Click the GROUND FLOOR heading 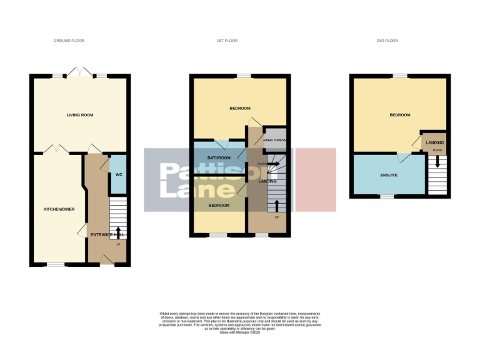tap(69, 41)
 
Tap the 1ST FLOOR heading tap(227, 41)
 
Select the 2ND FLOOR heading tap(387, 41)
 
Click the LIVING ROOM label tap(80, 115)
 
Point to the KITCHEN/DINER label tap(59, 209)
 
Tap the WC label tap(118, 174)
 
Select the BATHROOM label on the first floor tap(219, 157)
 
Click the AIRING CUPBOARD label tap(274, 140)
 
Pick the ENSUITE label tap(389, 175)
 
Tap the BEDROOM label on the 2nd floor tap(399, 115)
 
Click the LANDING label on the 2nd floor tap(435, 143)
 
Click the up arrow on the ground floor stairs tap(118, 233)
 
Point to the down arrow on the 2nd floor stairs tap(437, 161)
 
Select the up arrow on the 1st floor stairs tap(277, 206)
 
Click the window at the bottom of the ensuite tap(387, 197)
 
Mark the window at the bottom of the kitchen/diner tap(56, 264)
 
